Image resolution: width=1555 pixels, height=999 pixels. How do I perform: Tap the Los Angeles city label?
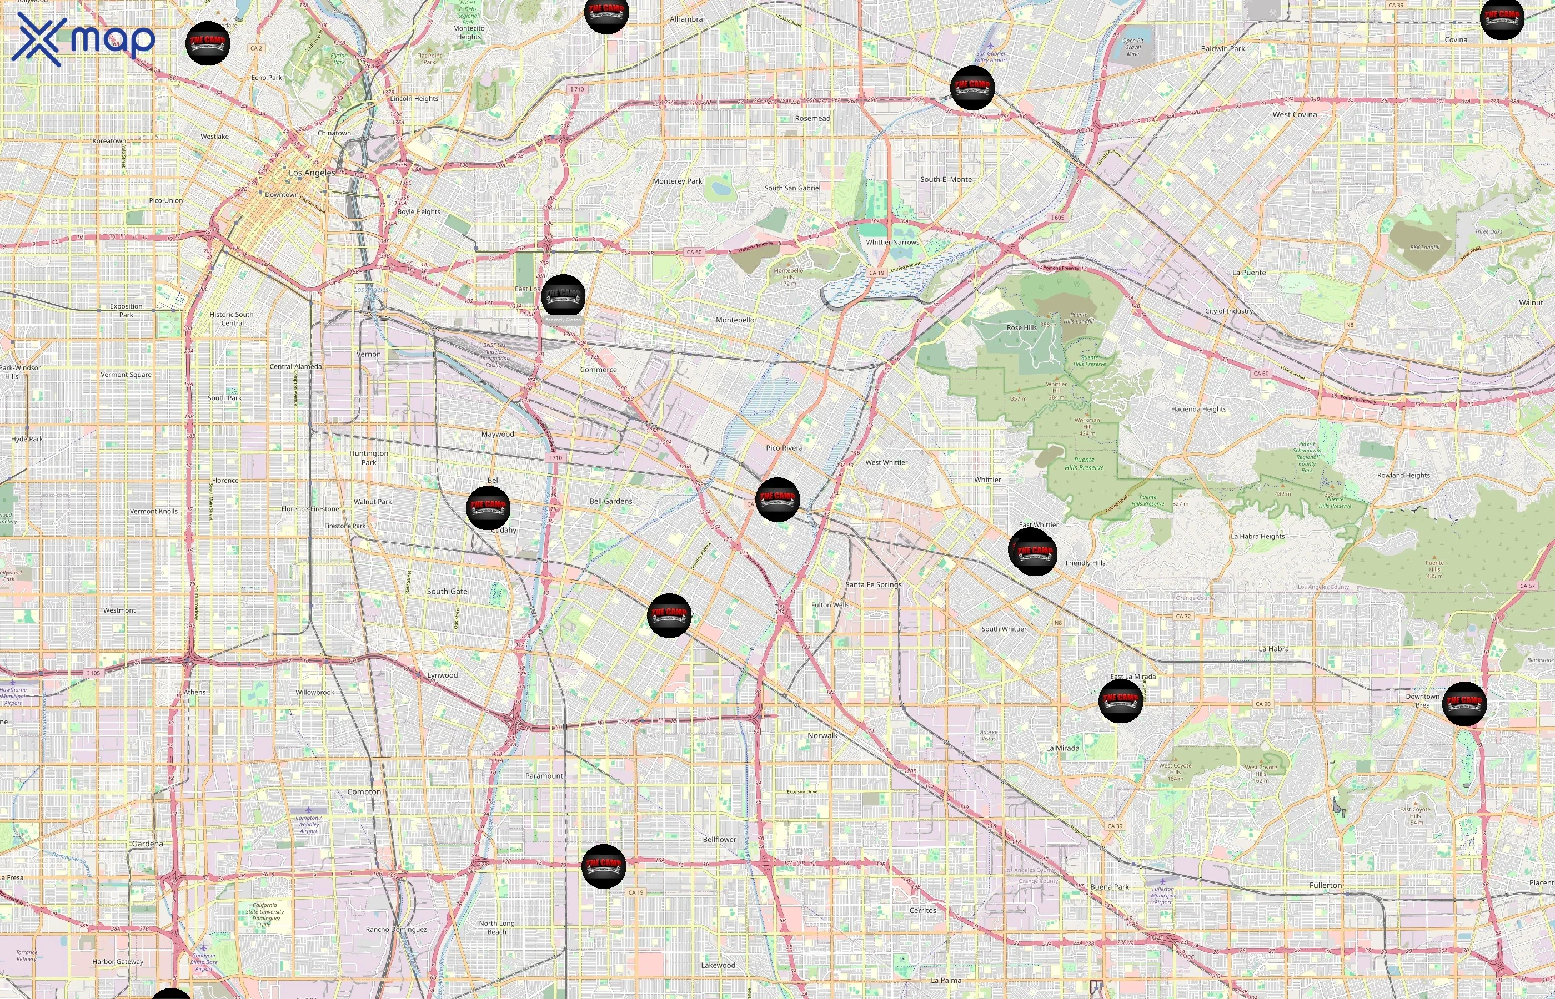click(312, 173)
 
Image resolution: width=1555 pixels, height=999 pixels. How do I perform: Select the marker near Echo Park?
click(208, 43)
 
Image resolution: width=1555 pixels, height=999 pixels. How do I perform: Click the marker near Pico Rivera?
click(777, 500)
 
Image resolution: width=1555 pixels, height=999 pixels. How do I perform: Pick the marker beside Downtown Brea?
click(1464, 704)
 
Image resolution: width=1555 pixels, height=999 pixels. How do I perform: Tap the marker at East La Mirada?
click(1120, 700)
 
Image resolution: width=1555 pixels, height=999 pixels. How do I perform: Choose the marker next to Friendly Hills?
click(1033, 552)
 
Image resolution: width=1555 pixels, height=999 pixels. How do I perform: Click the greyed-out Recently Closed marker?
click(563, 296)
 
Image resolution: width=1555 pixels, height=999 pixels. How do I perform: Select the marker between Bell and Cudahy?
click(488, 507)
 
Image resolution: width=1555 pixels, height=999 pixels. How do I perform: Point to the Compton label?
click(364, 792)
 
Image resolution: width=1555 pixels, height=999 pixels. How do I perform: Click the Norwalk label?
click(822, 735)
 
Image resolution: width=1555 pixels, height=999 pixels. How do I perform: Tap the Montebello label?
click(735, 320)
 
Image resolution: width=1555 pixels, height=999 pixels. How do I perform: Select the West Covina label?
click(1294, 115)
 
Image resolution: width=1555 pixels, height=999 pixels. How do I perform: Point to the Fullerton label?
click(1325, 885)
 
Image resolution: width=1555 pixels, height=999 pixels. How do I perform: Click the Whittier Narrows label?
click(892, 242)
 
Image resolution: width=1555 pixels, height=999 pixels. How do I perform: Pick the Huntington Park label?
click(369, 458)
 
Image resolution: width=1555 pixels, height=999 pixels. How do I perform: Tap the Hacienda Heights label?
click(1198, 410)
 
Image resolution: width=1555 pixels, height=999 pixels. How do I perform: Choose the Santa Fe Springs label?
click(873, 584)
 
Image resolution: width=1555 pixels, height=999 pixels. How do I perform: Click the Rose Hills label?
click(1021, 327)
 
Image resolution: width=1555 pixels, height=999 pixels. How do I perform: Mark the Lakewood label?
click(718, 965)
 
